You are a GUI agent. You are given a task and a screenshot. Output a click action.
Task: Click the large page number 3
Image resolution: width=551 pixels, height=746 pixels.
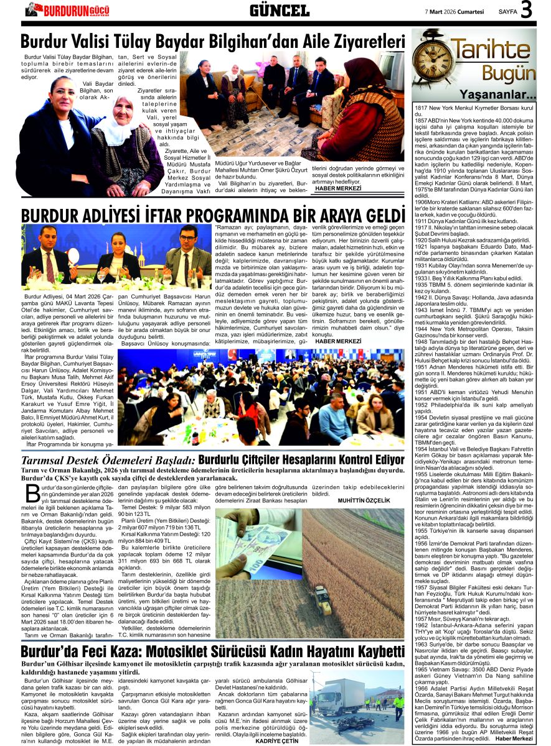[527, 11]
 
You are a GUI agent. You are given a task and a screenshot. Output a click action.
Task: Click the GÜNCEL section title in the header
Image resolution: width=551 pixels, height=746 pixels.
[279, 11]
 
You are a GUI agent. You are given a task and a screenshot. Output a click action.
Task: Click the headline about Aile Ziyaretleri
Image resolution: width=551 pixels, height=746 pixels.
[212, 42]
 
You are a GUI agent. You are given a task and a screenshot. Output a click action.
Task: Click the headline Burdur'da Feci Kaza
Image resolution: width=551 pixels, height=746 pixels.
[212, 652]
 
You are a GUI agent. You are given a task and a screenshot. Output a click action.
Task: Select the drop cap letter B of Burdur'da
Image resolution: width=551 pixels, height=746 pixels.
[31, 497]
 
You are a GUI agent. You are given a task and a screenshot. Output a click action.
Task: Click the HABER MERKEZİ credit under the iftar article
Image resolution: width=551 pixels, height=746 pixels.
[338, 341]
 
